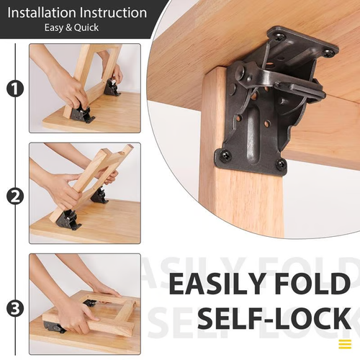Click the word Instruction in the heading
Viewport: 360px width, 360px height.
[x=112, y=13]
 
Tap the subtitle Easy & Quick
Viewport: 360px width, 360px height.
[x=75, y=28]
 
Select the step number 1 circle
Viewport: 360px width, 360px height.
[x=13, y=89]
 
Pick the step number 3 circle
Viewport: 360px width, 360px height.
[x=13, y=307]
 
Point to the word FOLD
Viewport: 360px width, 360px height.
[x=314, y=283]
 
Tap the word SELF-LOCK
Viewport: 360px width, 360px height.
[x=274, y=318]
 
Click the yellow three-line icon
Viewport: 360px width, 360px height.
[x=345, y=343]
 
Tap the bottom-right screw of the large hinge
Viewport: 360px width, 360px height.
[x=280, y=164]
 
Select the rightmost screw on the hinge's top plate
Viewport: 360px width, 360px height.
[x=328, y=53]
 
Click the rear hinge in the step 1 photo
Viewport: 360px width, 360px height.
[x=112, y=87]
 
